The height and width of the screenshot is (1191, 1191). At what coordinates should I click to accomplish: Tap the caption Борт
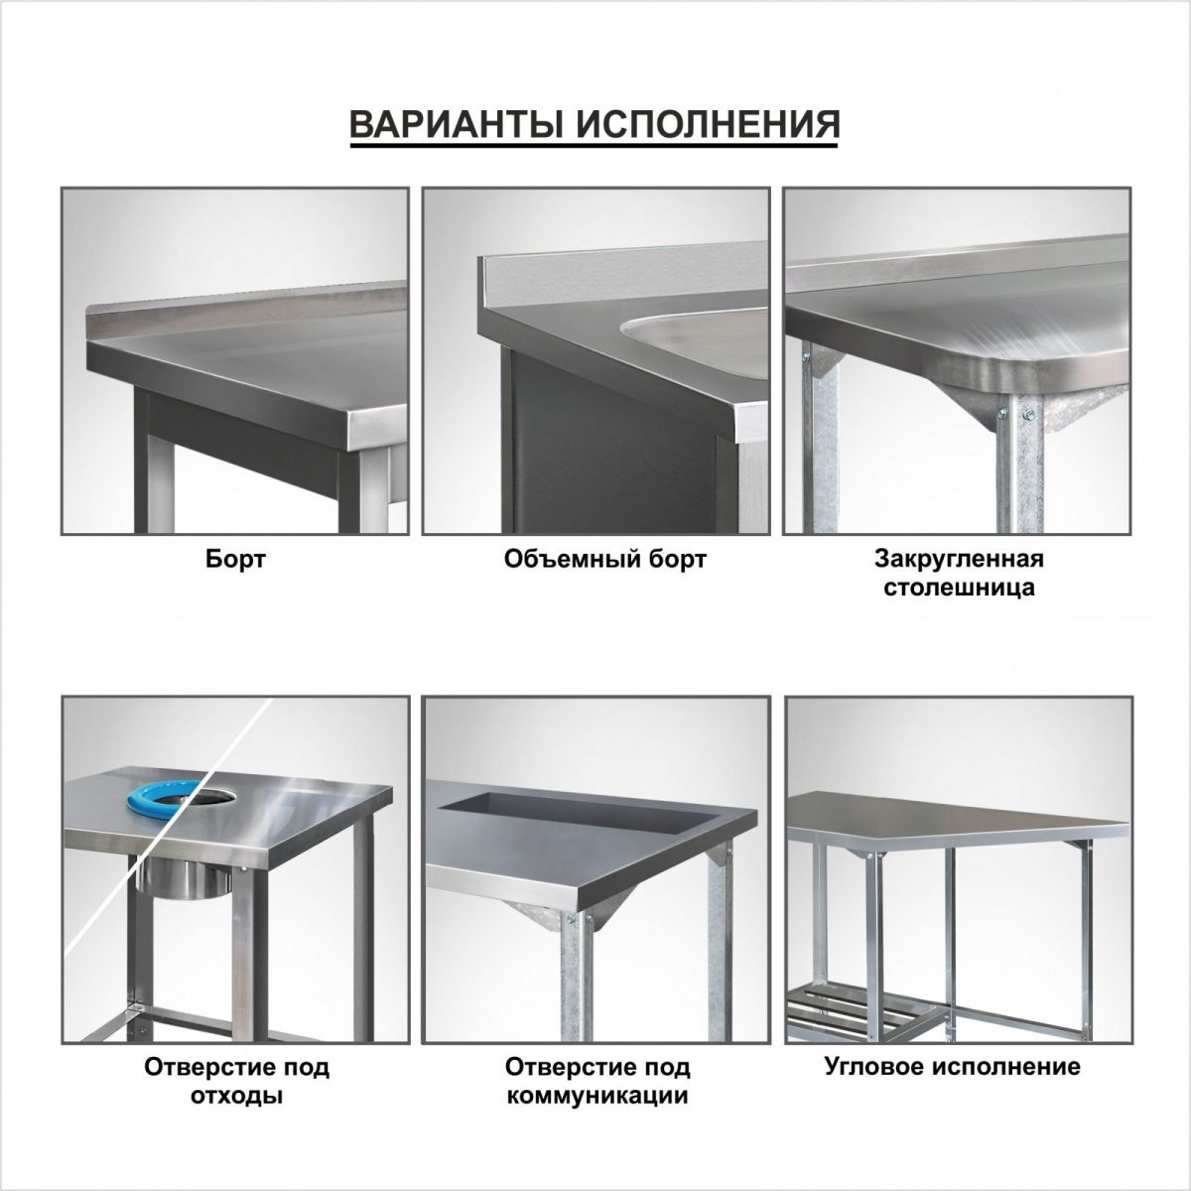pos(235,560)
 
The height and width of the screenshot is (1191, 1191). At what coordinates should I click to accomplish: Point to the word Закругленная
pos(959,559)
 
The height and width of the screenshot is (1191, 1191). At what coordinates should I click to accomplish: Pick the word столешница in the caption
pos(959,588)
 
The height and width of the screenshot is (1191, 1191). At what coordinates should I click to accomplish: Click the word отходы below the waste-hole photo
pos(236,1096)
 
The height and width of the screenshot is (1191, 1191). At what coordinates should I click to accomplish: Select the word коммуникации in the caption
pos(596,1096)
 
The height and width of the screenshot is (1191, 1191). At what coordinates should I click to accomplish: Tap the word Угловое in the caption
pos(875,1066)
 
